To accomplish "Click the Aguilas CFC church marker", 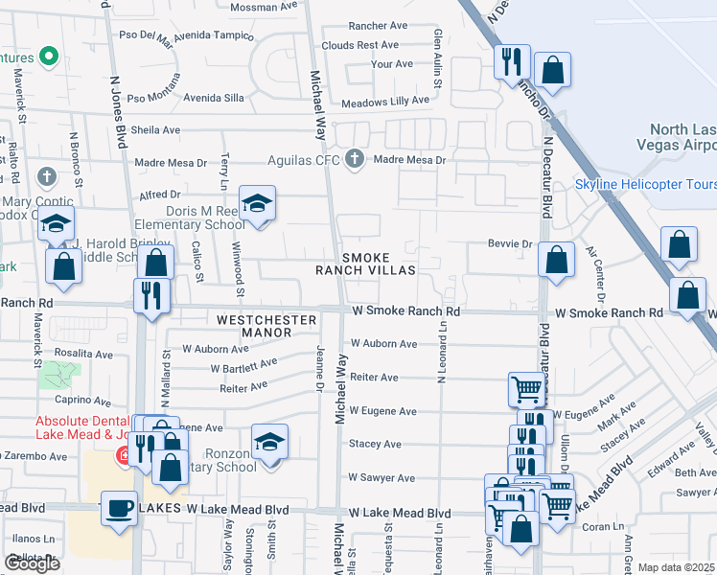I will (356, 158).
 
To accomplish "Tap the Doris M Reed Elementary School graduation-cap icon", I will (256, 203).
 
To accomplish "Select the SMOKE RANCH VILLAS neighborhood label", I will (366, 264).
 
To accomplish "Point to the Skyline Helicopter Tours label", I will (645, 184).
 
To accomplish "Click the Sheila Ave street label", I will (155, 129).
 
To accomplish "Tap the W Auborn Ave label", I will (382, 343).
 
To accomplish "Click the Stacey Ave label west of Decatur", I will (375, 445).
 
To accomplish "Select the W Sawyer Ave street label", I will (382, 477).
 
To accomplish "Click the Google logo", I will (32, 563).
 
